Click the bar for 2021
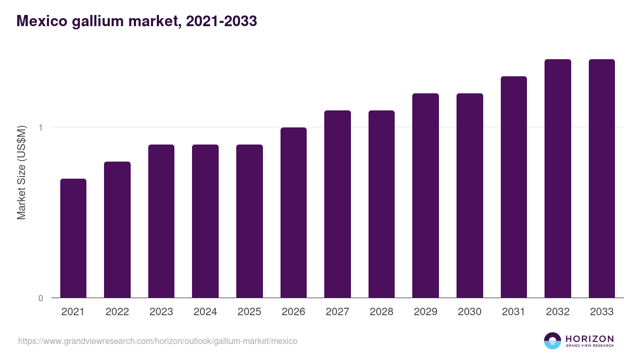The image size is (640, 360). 73,238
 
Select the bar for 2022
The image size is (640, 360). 117,229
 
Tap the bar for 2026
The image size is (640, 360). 293,212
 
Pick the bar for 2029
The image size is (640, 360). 426,195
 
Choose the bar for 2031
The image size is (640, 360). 514,187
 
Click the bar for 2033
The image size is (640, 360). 602,178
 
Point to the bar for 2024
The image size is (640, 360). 205,221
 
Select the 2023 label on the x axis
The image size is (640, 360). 161,312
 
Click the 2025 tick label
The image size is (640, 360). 249,312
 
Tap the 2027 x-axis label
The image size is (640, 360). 338,312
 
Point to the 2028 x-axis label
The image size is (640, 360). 381,312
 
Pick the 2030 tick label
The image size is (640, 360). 469,312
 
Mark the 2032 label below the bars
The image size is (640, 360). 558,312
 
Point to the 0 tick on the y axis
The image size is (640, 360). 41,298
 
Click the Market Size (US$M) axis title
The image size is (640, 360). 22,172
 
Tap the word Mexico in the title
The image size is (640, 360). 41,21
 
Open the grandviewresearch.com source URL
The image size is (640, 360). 157,341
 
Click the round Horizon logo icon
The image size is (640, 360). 553,341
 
